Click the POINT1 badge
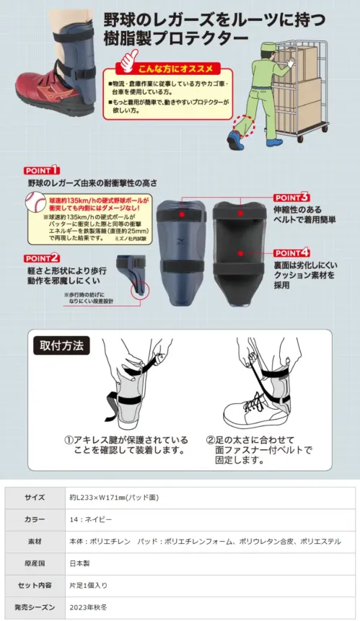[42, 170]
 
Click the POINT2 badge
[41, 257]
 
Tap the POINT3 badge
[292, 196]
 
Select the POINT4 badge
[292, 252]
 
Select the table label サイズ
[35, 498]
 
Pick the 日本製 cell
[78, 563]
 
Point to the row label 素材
[35, 541]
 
